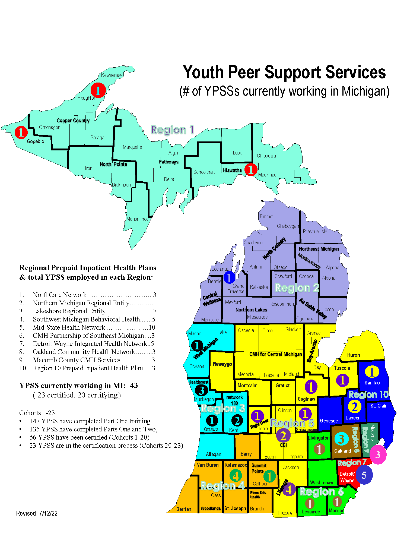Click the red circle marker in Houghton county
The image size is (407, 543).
(x=98, y=90)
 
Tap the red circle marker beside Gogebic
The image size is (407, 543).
(x=21, y=132)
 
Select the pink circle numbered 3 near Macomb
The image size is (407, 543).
(x=377, y=454)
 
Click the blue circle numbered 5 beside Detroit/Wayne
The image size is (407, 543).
(x=364, y=475)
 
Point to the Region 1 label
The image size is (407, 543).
(x=172, y=130)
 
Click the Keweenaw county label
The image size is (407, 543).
(x=112, y=75)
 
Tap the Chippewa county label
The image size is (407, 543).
(x=266, y=156)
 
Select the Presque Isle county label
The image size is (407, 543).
(x=315, y=232)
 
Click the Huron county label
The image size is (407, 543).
(x=353, y=355)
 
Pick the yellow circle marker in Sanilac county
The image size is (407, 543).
(x=372, y=372)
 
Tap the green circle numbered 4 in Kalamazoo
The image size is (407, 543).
(x=236, y=476)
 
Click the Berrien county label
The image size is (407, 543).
(x=184, y=509)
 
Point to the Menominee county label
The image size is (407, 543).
(x=137, y=219)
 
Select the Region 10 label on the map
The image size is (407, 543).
(x=368, y=394)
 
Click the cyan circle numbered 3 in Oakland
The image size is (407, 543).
(x=341, y=439)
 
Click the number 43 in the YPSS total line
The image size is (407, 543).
(x=134, y=386)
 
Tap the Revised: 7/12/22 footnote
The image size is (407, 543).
(x=37, y=513)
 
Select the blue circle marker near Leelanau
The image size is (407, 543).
(x=229, y=277)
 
